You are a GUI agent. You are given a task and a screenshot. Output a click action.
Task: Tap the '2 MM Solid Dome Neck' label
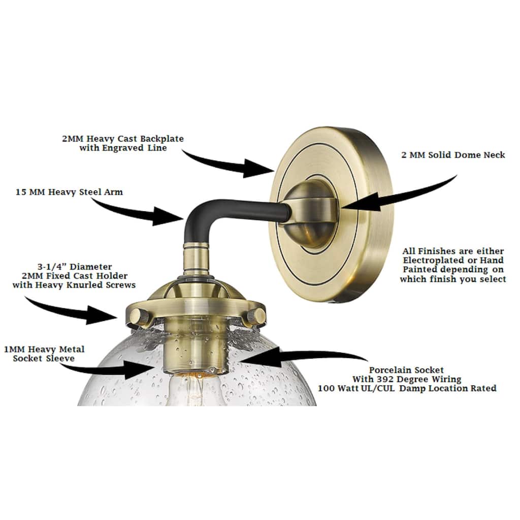pos(453,155)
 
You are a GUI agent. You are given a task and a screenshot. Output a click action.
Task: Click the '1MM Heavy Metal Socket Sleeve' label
pos(44,353)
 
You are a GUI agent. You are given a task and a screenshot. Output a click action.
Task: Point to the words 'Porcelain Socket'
pos(407,370)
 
